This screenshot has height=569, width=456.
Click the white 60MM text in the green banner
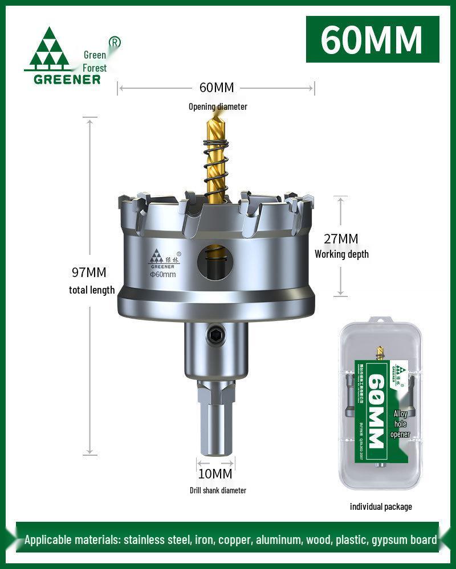pyautogui.click(x=372, y=39)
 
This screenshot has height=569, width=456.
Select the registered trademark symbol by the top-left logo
pyautogui.click(x=115, y=43)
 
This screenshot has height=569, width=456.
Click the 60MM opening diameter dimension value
pyautogui.click(x=217, y=88)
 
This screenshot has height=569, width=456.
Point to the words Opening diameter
pyautogui.click(x=218, y=106)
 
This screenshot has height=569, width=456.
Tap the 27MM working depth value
pyautogui.click(x=341, y=238)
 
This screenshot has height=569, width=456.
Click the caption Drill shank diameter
pyautogui.click(x=218, y=490)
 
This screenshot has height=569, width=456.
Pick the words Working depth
pyautogui.click(x=341, y=254)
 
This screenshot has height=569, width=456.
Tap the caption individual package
pyautogui.click(x=381, y=506)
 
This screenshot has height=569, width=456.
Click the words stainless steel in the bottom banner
pyautogui.click(x=154, y=540)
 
